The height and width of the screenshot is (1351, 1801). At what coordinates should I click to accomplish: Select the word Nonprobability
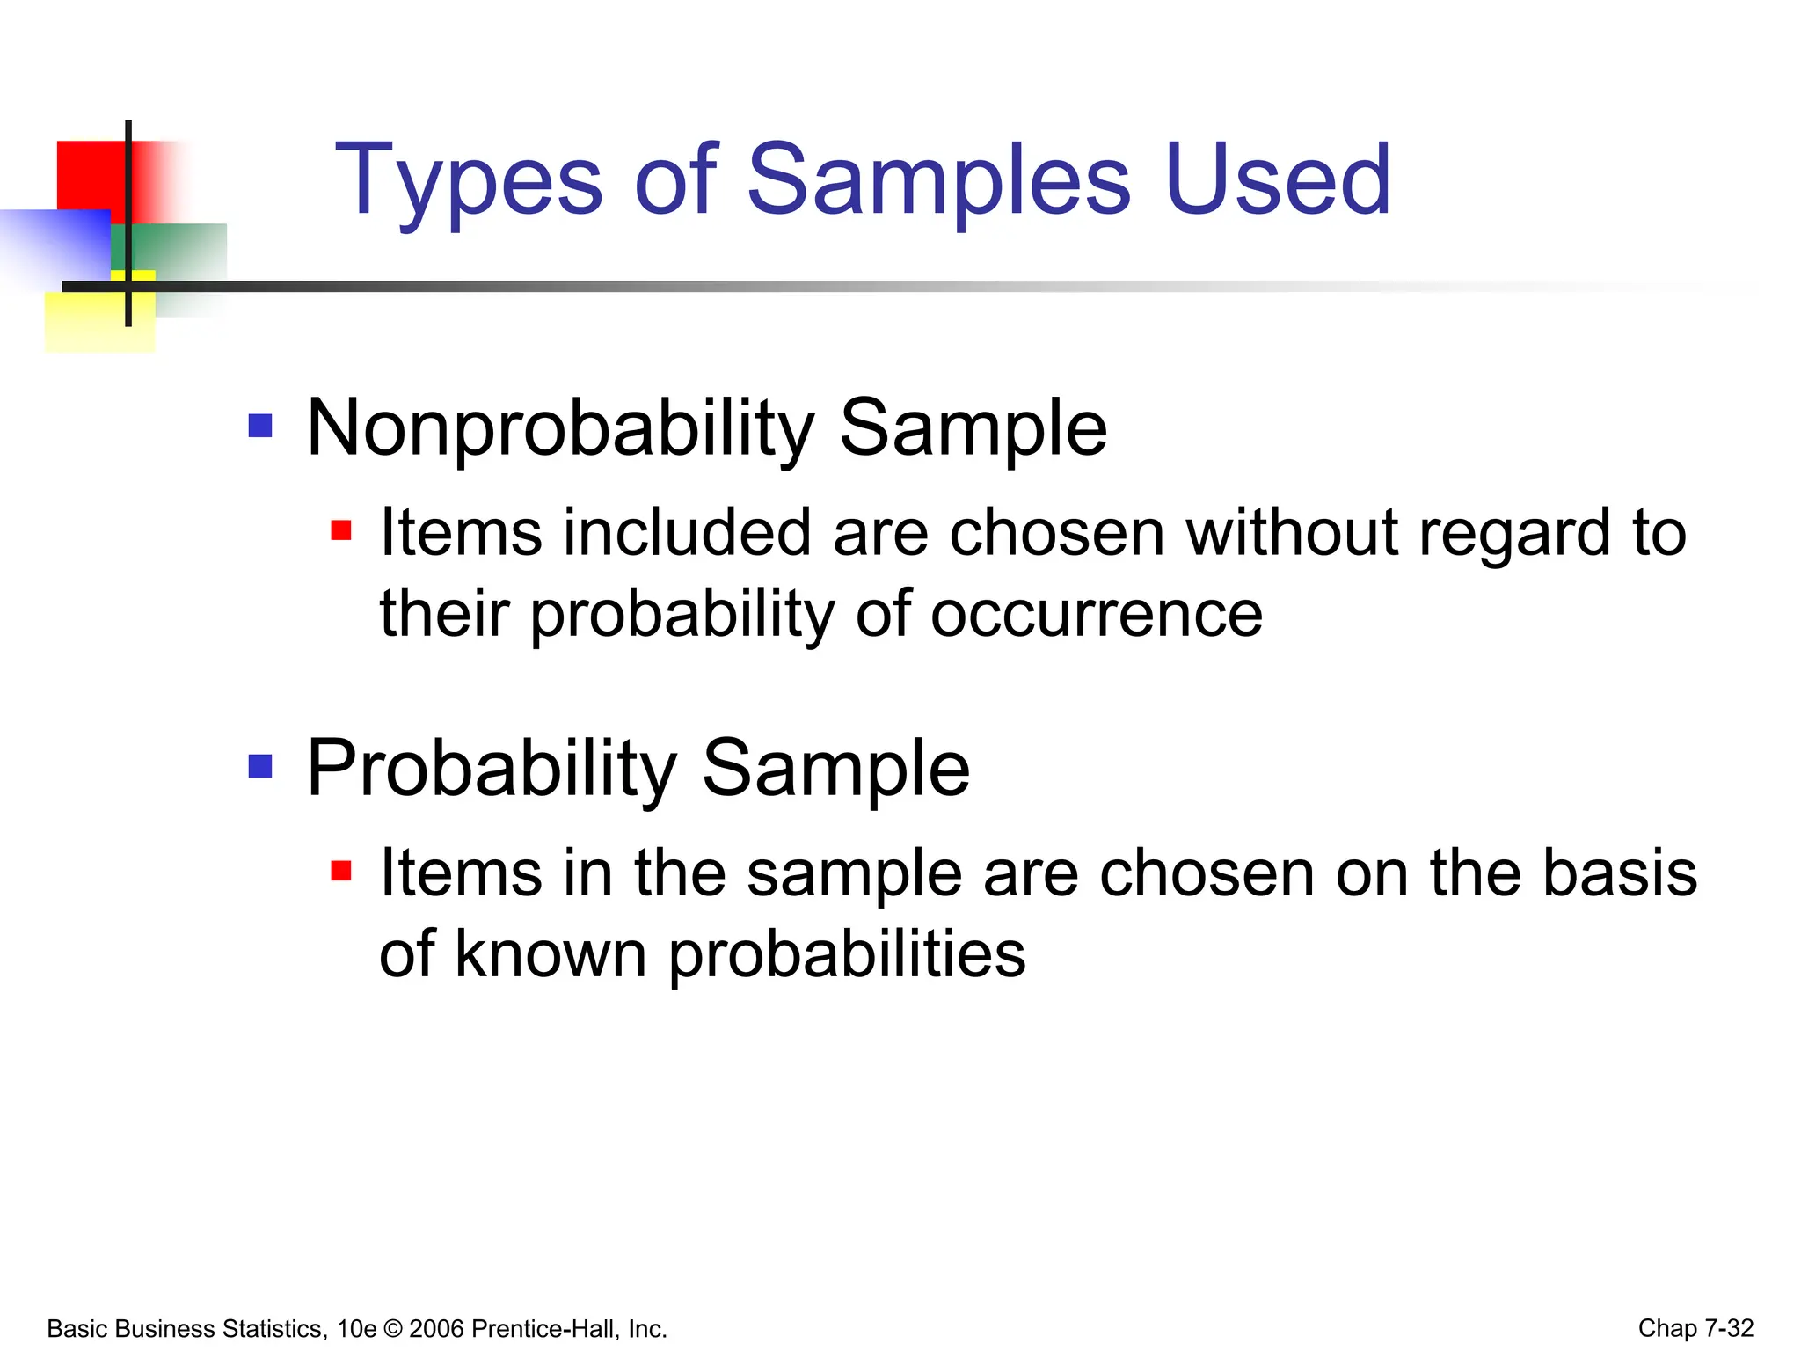(560, 430)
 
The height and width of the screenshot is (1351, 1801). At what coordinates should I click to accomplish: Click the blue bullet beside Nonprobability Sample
(260, 427)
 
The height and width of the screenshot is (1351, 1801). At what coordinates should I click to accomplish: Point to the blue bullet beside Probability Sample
(260, 766)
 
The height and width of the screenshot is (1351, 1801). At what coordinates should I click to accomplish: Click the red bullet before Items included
(341, 531)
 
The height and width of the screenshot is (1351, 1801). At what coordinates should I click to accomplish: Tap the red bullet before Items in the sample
(341, 871)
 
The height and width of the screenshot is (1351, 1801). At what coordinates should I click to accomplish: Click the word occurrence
(1096, 614)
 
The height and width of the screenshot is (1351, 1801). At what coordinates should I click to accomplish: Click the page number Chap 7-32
(1695, 1328)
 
